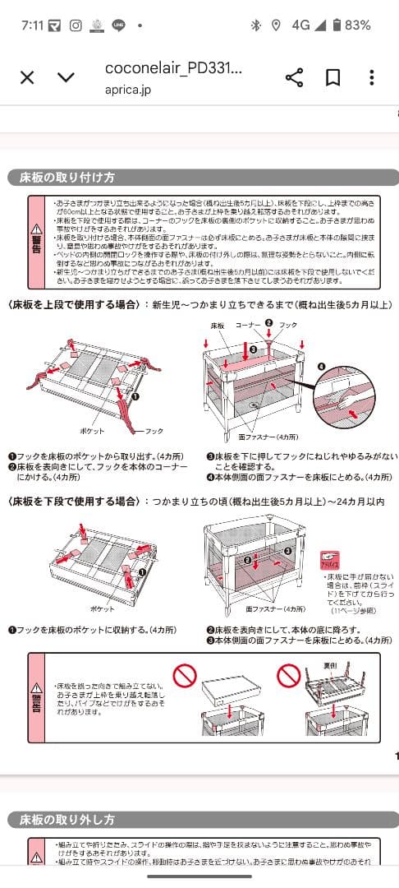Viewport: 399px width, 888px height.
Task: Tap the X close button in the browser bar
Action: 27,77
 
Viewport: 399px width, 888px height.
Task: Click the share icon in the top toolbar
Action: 294,77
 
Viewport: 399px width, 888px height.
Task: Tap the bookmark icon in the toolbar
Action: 332,77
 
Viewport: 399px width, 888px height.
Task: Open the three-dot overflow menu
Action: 372,77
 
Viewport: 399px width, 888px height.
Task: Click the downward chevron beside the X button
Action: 66,77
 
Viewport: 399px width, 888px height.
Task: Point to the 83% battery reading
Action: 357,25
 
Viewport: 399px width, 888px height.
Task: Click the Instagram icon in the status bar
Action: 76,25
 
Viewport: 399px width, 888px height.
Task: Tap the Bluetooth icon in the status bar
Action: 255,25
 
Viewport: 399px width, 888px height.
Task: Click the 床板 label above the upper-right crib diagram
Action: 217,326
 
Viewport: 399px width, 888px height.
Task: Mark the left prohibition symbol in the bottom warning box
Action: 184,677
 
